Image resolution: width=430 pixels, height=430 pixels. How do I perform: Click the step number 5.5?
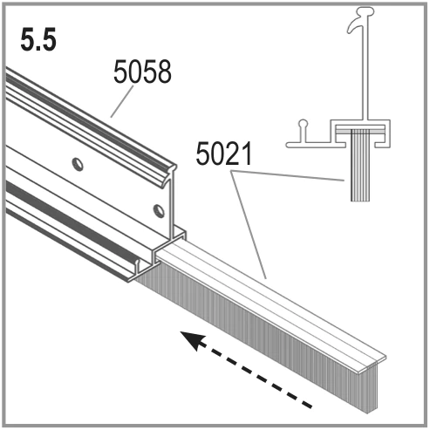click(38, 40)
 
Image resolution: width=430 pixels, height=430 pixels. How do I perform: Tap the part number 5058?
click(142, 72)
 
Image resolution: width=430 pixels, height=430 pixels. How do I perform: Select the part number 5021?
click(223, 154)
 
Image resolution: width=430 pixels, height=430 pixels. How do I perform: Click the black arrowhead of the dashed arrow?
click(193, 340)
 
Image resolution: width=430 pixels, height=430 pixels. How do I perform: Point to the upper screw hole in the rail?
click(78, 165)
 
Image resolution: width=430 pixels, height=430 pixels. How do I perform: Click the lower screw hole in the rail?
click(159, 211)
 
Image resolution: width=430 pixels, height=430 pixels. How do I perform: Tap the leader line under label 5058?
click(122, 101)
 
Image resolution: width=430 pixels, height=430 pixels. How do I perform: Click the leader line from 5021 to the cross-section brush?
click(288, 175)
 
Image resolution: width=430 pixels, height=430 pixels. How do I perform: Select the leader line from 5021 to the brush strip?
click(249, 225)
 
